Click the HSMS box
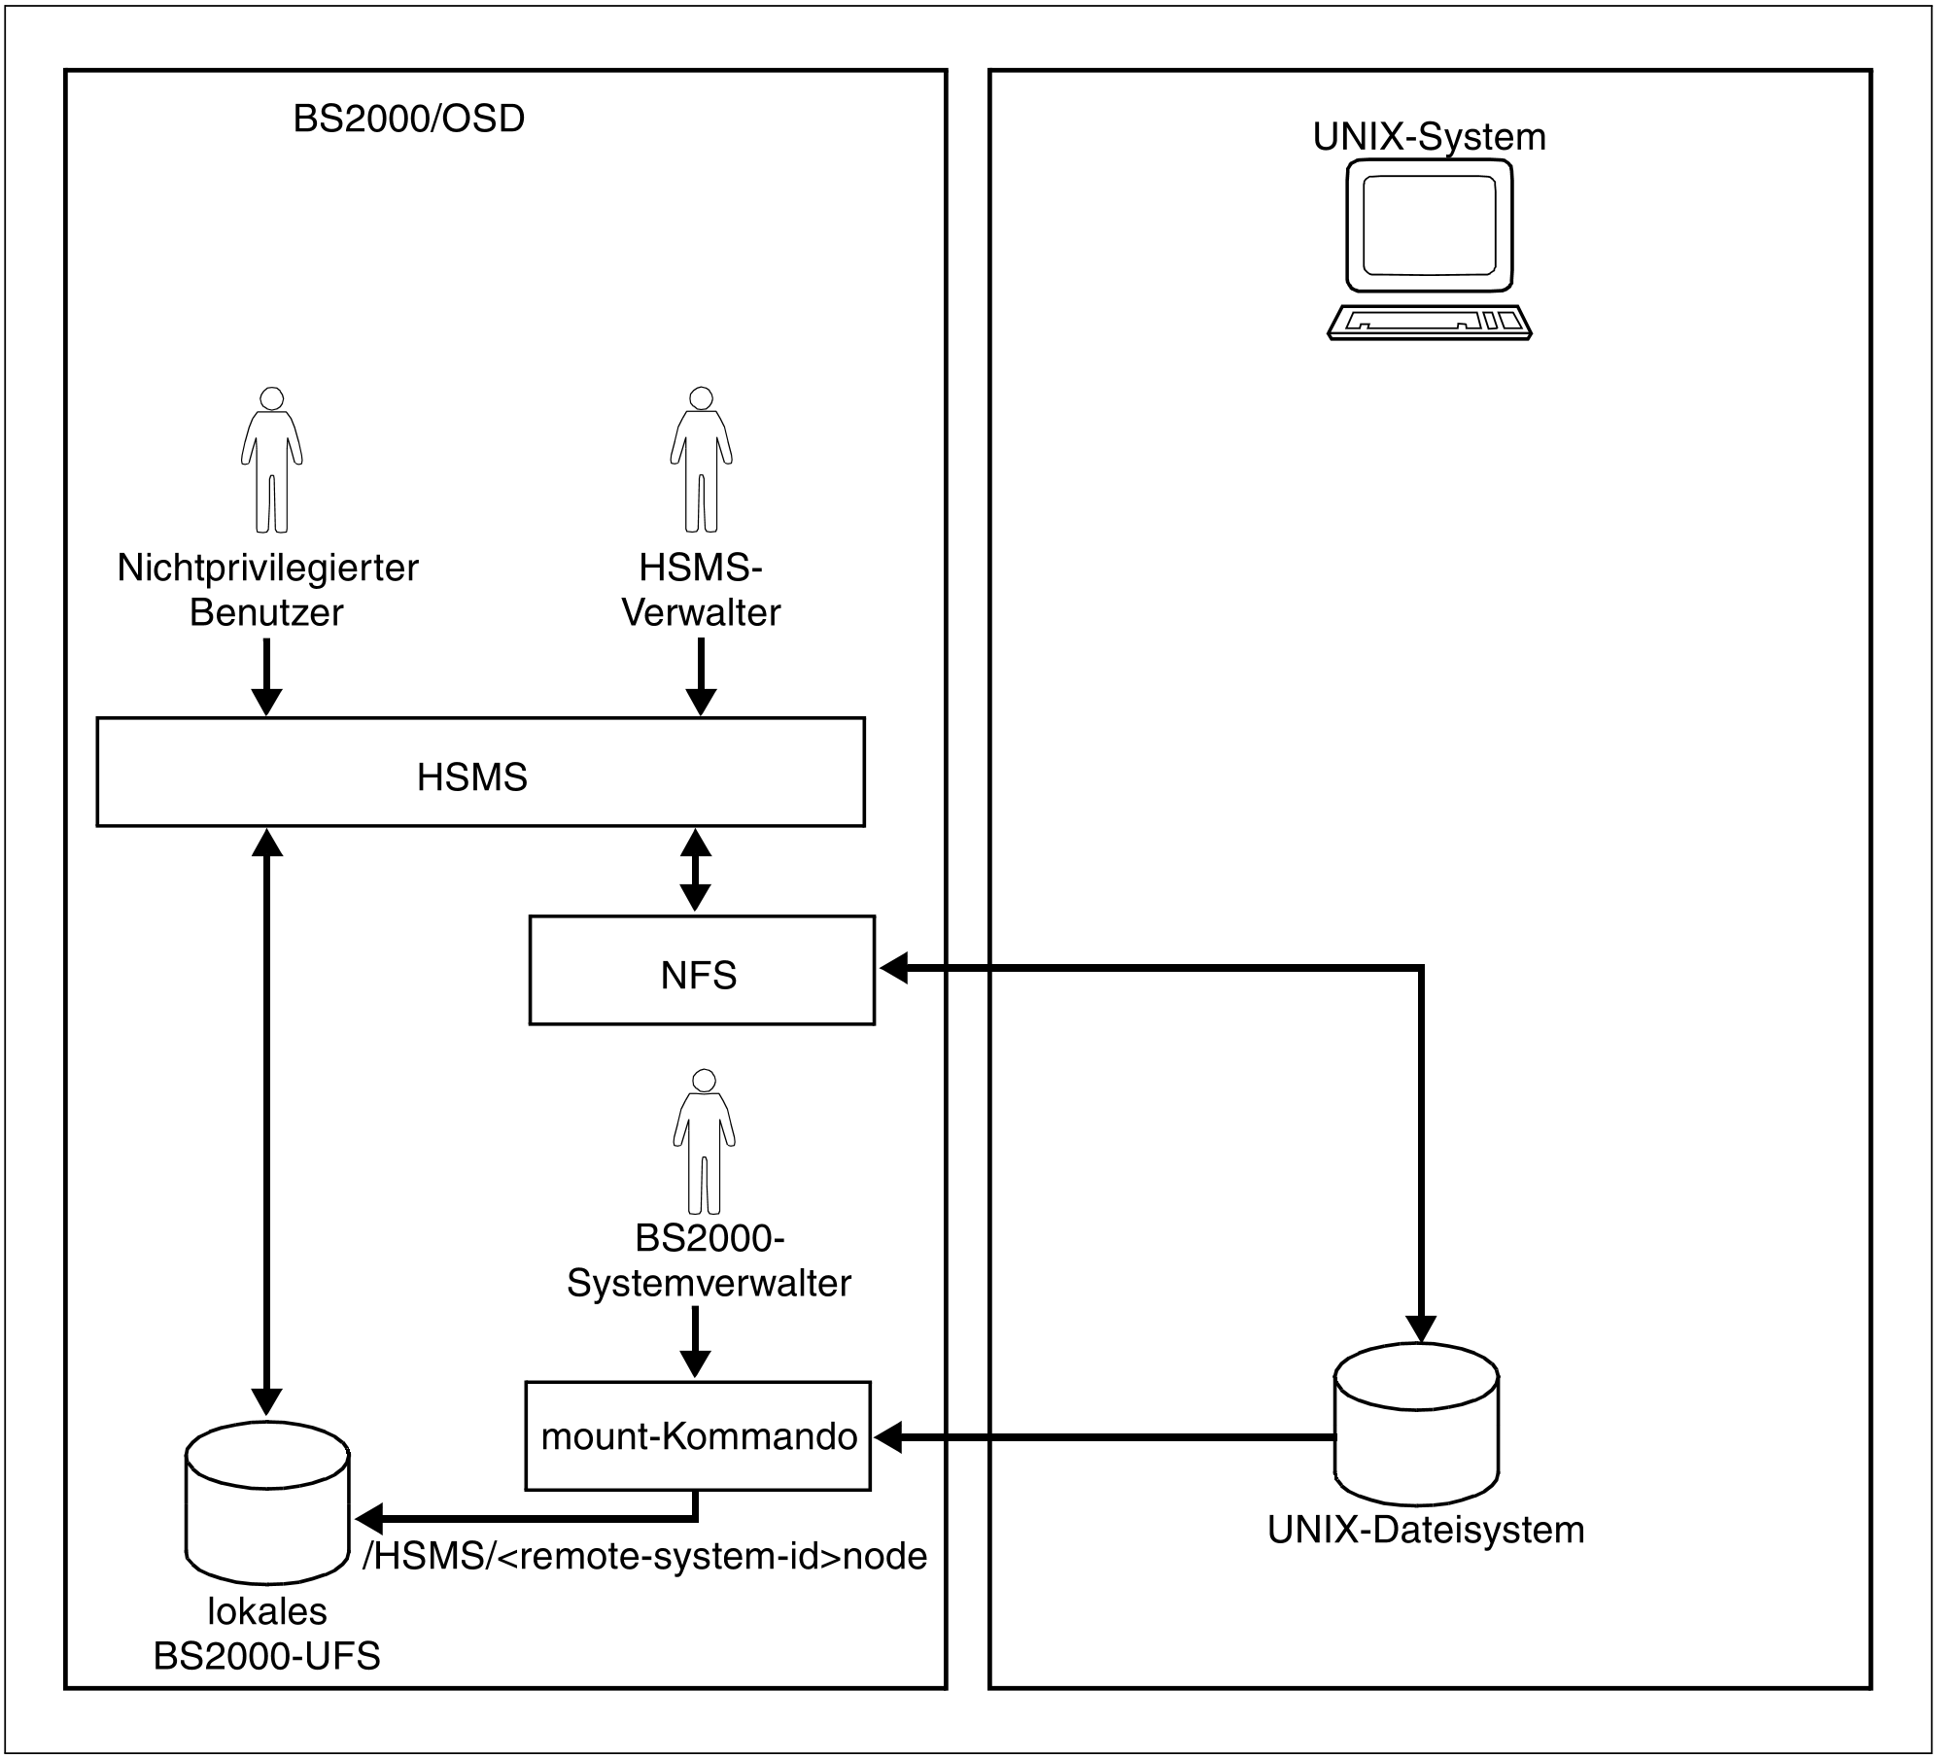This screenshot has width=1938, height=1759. [480, 773]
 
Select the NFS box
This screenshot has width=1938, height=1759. [701, 970]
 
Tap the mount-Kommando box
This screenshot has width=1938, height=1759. [698, 1435]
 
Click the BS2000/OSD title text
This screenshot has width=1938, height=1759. [408, 119]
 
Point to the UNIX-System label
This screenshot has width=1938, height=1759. [1429, 137]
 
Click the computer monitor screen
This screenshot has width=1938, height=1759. [1429, 225]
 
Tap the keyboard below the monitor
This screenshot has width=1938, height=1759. [1429, 322]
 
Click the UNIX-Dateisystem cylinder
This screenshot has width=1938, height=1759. [1416, 1424]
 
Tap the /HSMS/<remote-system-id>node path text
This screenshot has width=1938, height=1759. [644, 1556]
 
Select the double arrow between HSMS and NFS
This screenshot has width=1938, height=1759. [695, 870]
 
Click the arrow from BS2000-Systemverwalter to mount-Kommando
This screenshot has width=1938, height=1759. [694, 1340]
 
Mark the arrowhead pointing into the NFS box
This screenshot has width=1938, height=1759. [892, 968]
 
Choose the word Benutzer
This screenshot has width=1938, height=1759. [266, 612]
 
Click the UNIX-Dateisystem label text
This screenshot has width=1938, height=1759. [1426, 1530]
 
